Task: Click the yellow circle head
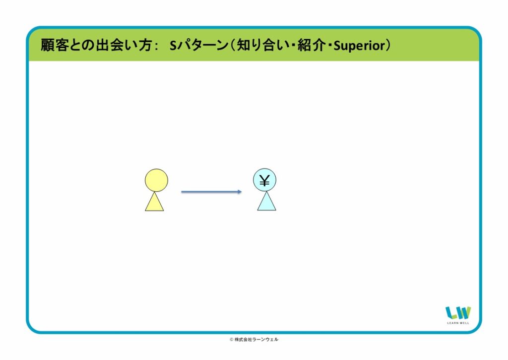(x=156, y=180)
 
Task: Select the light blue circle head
(x=264, y=180)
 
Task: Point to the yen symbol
(x=264, y=181)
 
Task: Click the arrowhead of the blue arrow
(x=240, y=192)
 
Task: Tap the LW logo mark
(x=458, y=313)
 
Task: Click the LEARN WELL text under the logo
(x=458, y=323)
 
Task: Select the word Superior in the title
(x=359, y=46)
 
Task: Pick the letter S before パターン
(x=173, y=46)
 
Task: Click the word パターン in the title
(x=203, y=45)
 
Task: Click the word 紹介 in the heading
(x=312, y=45)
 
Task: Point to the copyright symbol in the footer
(x=231, y=340)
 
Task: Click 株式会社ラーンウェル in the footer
(x=256, y=340)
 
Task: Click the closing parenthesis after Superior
(x=388, y=45)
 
